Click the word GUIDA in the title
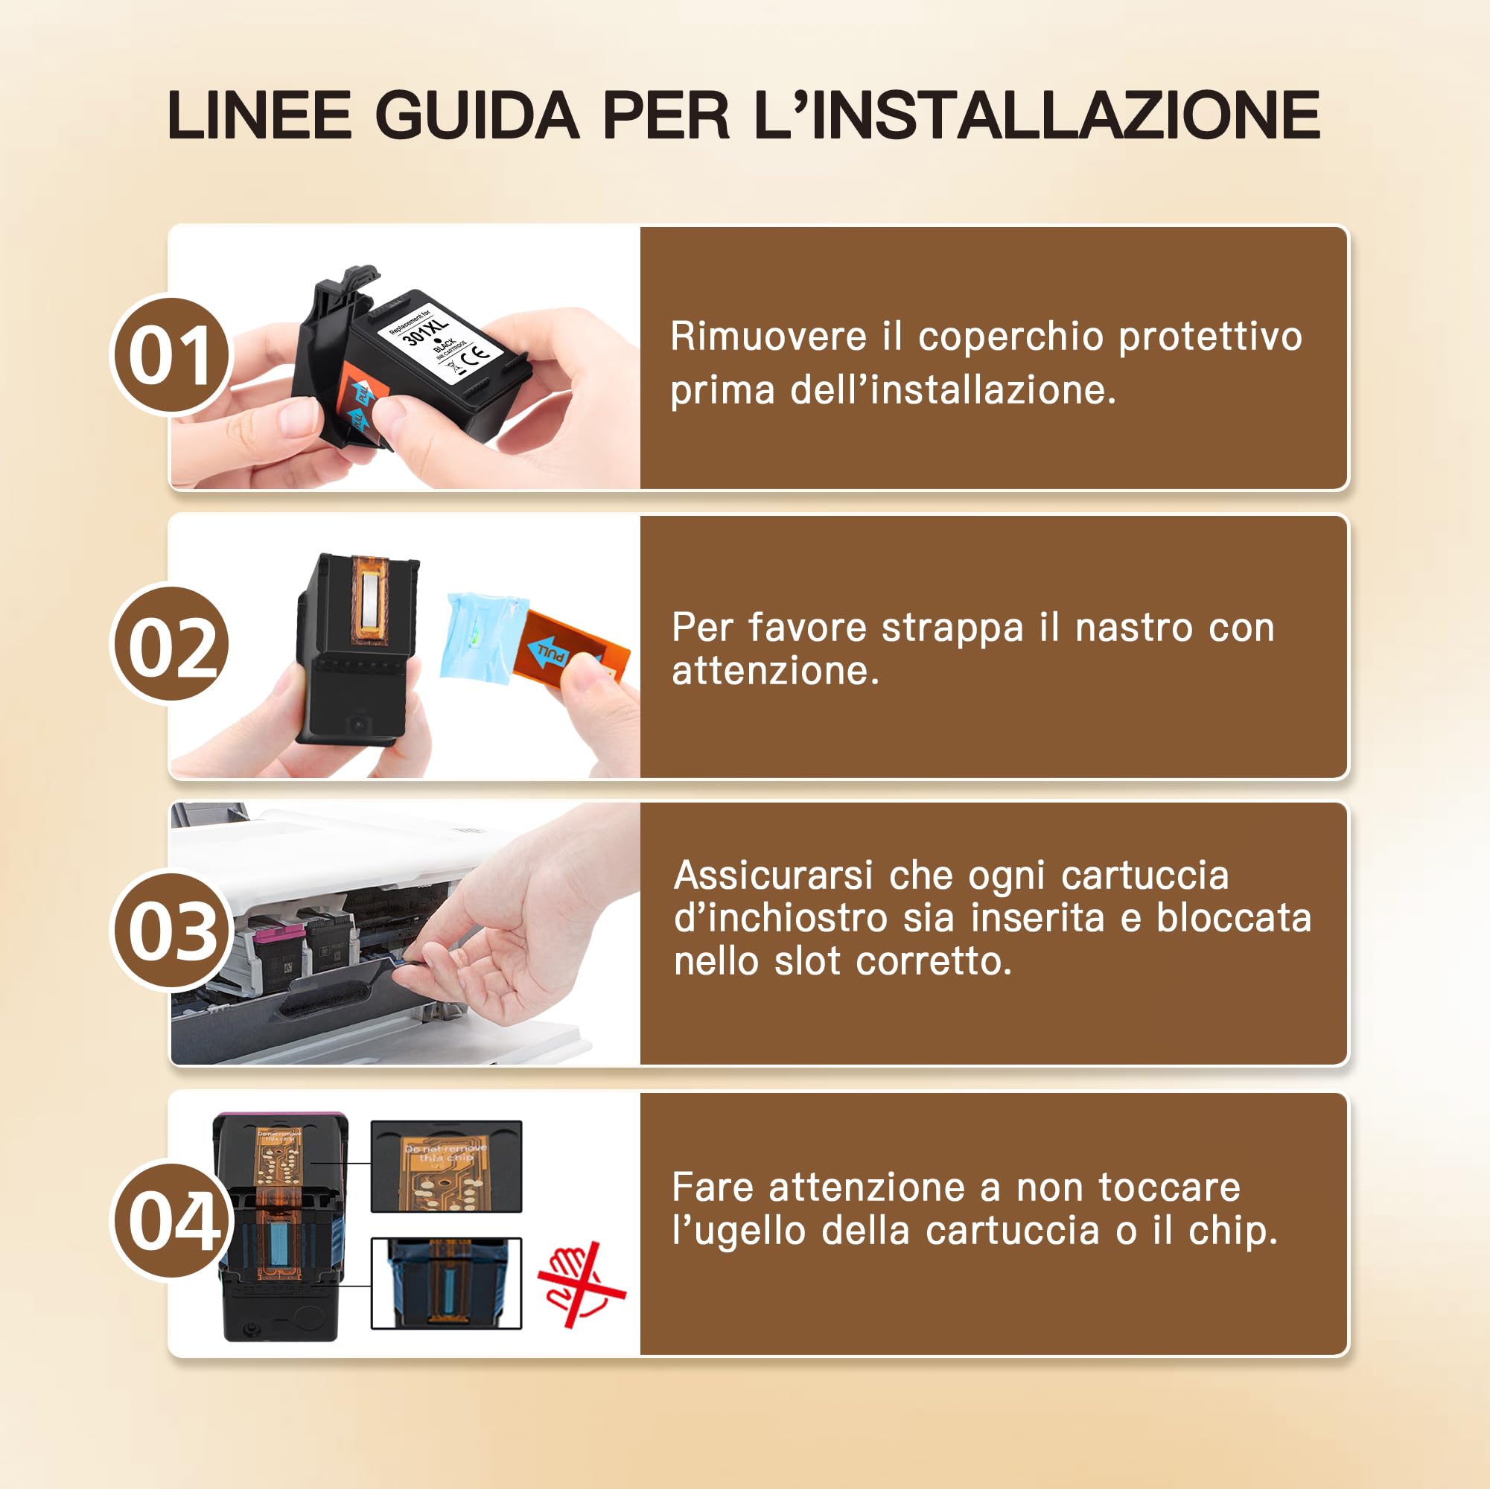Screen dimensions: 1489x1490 [476, 115]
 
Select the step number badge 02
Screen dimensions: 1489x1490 [171, 645]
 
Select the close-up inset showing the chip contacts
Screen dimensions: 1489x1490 [447, 1167]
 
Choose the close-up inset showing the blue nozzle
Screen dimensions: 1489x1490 [447, 1283]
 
